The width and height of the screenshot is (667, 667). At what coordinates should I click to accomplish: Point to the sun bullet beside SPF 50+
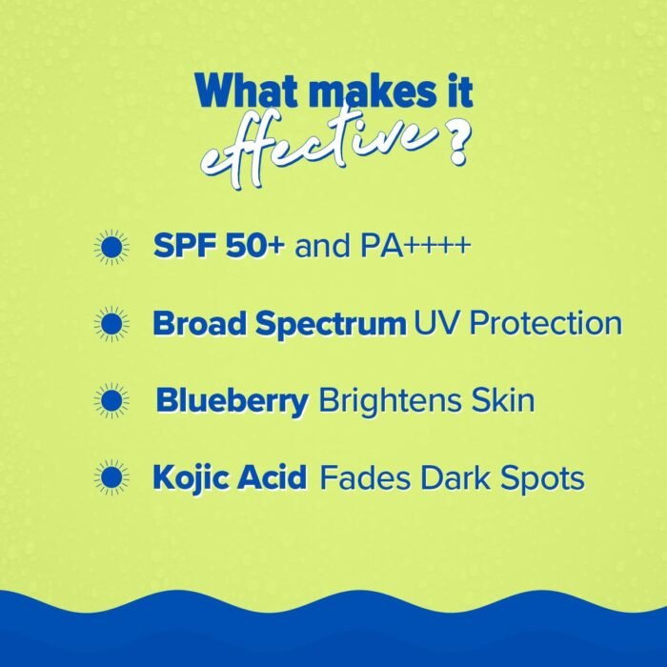(x=113, y=248)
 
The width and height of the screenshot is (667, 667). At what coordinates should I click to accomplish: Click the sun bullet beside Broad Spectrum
(x=113, y=324)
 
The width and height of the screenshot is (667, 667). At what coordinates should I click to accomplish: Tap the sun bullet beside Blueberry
(x=113, y=400)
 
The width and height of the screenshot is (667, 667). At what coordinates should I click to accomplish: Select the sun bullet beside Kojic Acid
(x=113, y=476)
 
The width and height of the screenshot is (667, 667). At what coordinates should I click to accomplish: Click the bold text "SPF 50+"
(x=219, y=248)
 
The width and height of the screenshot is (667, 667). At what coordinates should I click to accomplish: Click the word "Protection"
(x=542, y=324)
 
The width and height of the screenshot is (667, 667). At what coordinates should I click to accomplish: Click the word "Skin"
(x=497, y=400)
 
